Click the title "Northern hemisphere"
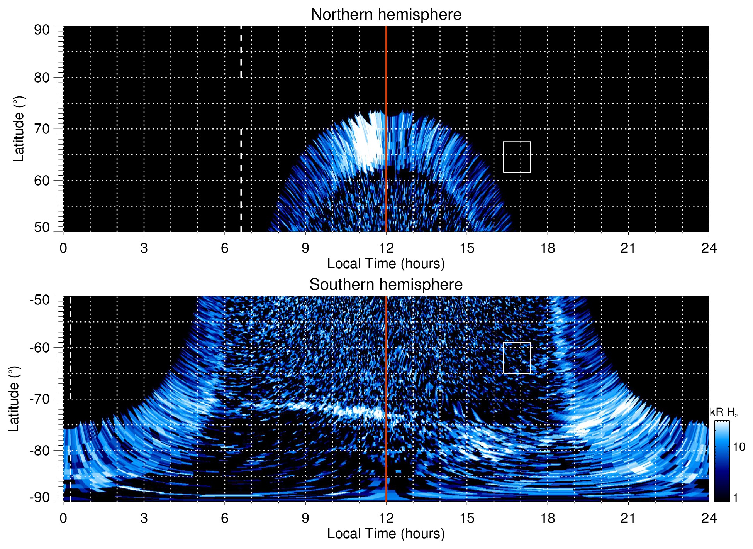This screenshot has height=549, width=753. point(386,15)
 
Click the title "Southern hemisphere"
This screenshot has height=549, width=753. point(386,285)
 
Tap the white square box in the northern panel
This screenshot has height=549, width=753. point(517,157)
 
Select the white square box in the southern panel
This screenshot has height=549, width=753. point(517,358)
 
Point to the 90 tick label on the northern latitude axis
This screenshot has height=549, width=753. point(42,30)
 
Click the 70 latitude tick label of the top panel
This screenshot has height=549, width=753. point(42,129)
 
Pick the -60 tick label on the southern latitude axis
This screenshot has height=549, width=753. point(40,347)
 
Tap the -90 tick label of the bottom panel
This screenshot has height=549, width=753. point(40,498)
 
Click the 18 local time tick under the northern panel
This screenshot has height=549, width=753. point(548,248)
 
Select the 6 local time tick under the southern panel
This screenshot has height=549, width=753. point(225,518)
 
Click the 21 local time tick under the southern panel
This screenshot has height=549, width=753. point(628,518)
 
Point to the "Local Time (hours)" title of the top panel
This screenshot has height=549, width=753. point(386,264)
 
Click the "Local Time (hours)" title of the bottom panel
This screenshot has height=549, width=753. point(386,534)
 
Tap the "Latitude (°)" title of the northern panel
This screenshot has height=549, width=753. point(19,129)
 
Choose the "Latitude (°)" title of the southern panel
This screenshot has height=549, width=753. point(14,399)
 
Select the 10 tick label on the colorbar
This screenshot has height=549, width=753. point(739,447)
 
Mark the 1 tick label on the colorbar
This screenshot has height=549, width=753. point(735,498)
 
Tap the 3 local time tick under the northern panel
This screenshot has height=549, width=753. point(144,248)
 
